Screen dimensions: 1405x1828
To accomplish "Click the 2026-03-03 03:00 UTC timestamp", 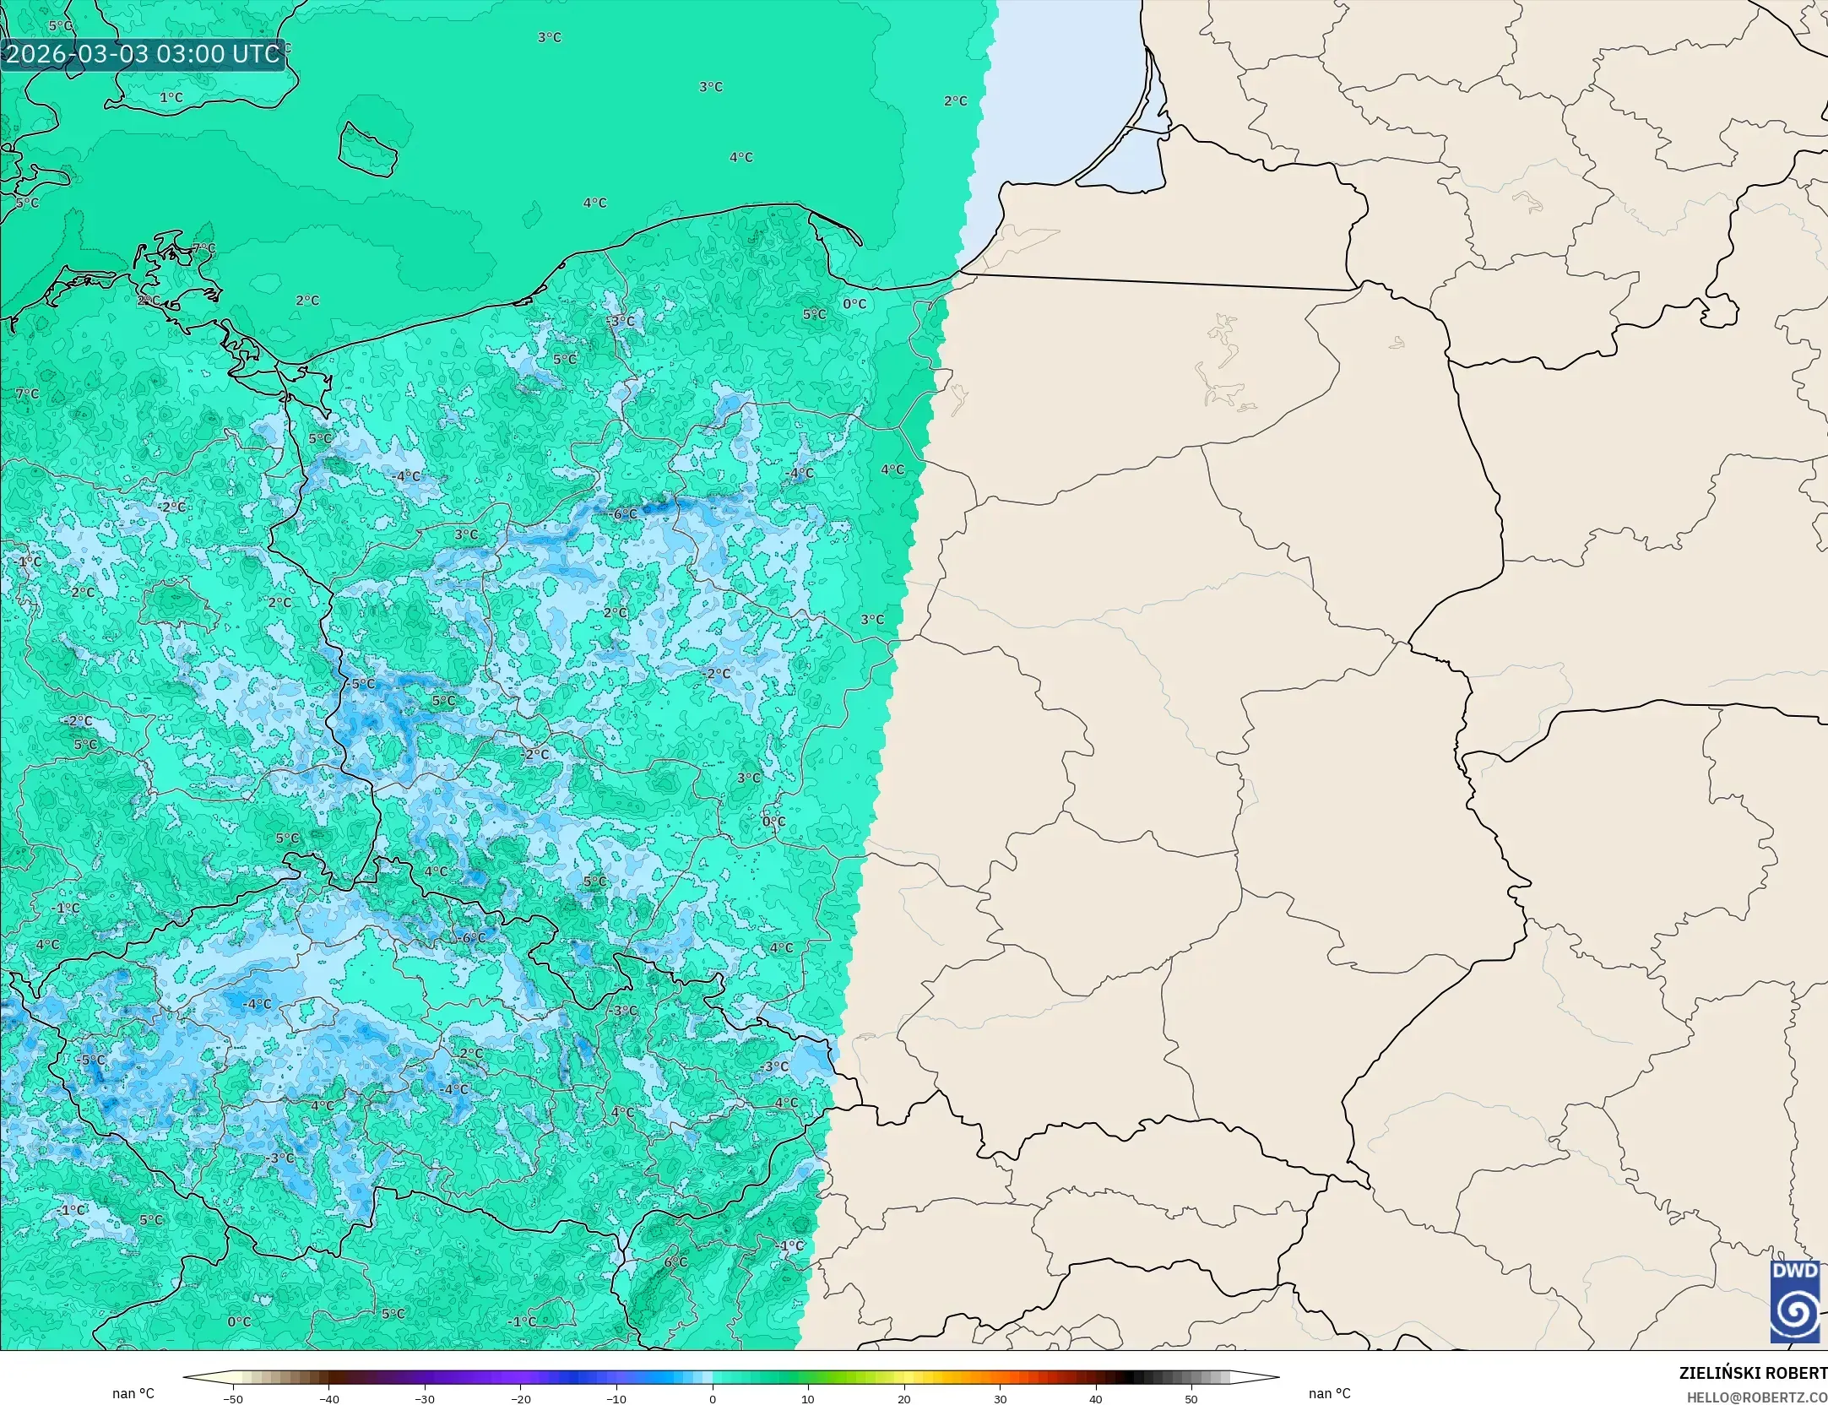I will (143, 54).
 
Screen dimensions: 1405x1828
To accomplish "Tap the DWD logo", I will (1795, 1301).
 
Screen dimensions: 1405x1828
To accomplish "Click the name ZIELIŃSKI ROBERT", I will (1753, 1374).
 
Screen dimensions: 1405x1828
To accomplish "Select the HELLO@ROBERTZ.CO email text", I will (1757, 1398).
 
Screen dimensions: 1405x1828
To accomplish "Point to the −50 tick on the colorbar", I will (232, 1399).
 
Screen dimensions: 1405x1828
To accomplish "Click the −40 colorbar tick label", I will (328, 1399).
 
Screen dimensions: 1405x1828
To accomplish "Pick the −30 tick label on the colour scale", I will (425, 1399).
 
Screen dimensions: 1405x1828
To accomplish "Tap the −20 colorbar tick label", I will (520, 1399).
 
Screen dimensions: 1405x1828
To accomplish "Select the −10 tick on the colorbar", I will (616, 1399).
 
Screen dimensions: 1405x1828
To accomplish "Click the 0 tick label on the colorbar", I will (713, 1399).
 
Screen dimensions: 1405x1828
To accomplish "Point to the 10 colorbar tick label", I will (808, 1399).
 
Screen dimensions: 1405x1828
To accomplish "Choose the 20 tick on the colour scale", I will (904, 1399).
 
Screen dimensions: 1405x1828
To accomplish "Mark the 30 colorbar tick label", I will (1000, 1399).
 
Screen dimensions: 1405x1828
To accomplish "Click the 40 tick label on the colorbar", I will (1096, 1399).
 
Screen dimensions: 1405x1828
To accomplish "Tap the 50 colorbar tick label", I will (1191, 1399).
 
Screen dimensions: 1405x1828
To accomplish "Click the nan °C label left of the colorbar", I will (133, 1393).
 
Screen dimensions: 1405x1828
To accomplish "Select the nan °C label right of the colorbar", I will (1329, 1393).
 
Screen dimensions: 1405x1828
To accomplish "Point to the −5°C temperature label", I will (91, 1061).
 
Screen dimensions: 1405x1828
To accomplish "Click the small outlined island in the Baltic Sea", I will (368, 150).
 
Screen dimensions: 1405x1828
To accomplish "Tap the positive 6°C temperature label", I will (675, 1262).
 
